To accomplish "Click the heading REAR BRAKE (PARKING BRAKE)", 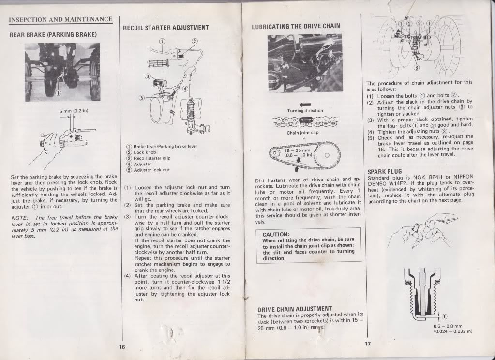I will (53, 35).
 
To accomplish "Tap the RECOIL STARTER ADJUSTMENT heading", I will (166, 28).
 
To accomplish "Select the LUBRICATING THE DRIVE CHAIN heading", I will (296, 26).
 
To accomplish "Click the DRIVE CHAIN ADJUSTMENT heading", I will (294, 308).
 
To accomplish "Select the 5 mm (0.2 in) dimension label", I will (73, 110).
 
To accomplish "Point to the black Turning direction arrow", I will (305, 104).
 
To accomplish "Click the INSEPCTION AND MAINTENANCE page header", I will (60, 20).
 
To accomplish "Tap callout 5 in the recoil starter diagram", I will (142, 97).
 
